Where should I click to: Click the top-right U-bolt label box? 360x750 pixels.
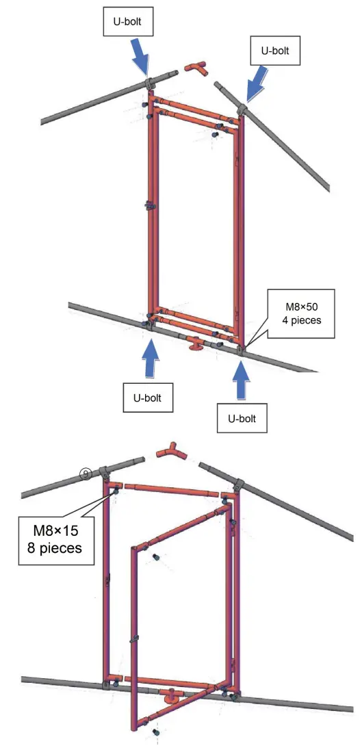pos(275,51)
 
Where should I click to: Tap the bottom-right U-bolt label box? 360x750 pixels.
pos(242,419)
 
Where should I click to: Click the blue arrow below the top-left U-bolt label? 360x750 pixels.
pos(141,58)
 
